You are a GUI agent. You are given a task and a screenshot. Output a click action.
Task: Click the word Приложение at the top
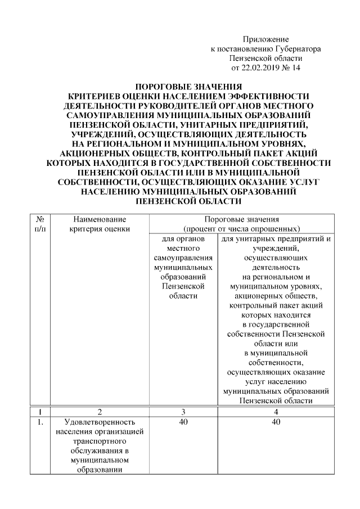[x=265, y=39]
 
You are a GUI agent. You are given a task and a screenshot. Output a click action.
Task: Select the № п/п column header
[x=40, y=224]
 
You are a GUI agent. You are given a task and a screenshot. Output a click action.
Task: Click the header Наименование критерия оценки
[x=100, y=224]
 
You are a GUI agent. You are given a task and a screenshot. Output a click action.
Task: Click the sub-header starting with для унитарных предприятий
[x=276, y=238]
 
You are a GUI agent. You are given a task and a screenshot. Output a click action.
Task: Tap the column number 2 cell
[x=100, y=411]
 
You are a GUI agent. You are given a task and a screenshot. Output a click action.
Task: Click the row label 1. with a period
[x=40, y=421]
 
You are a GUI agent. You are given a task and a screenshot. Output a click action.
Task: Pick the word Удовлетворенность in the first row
[x=99, y=421]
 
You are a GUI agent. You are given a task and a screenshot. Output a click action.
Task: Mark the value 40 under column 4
[x=276, y=421]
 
